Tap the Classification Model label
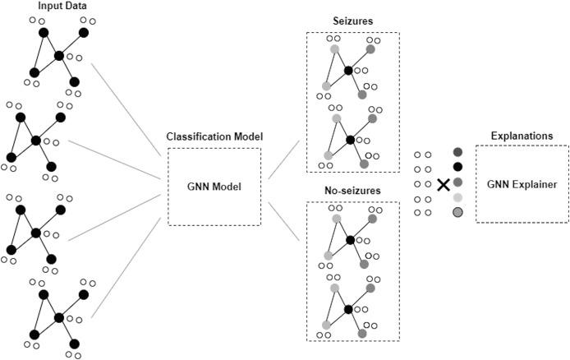click(x=214, y=136)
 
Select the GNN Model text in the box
click(x=214, y=186)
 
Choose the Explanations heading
click(x=522, y=136)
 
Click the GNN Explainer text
click(x=522, y=185)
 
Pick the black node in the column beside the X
click(x=457, y=167)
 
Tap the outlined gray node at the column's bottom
click(x=457, y=213)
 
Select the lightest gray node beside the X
click(x=457, y=197)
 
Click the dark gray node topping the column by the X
click(x=457, y=152)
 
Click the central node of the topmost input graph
click(x=58, y=56)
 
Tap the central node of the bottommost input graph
click(x=58, y=316)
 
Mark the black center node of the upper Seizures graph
click(x=350, y=71)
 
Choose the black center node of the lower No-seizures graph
click(x=350, y=309)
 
